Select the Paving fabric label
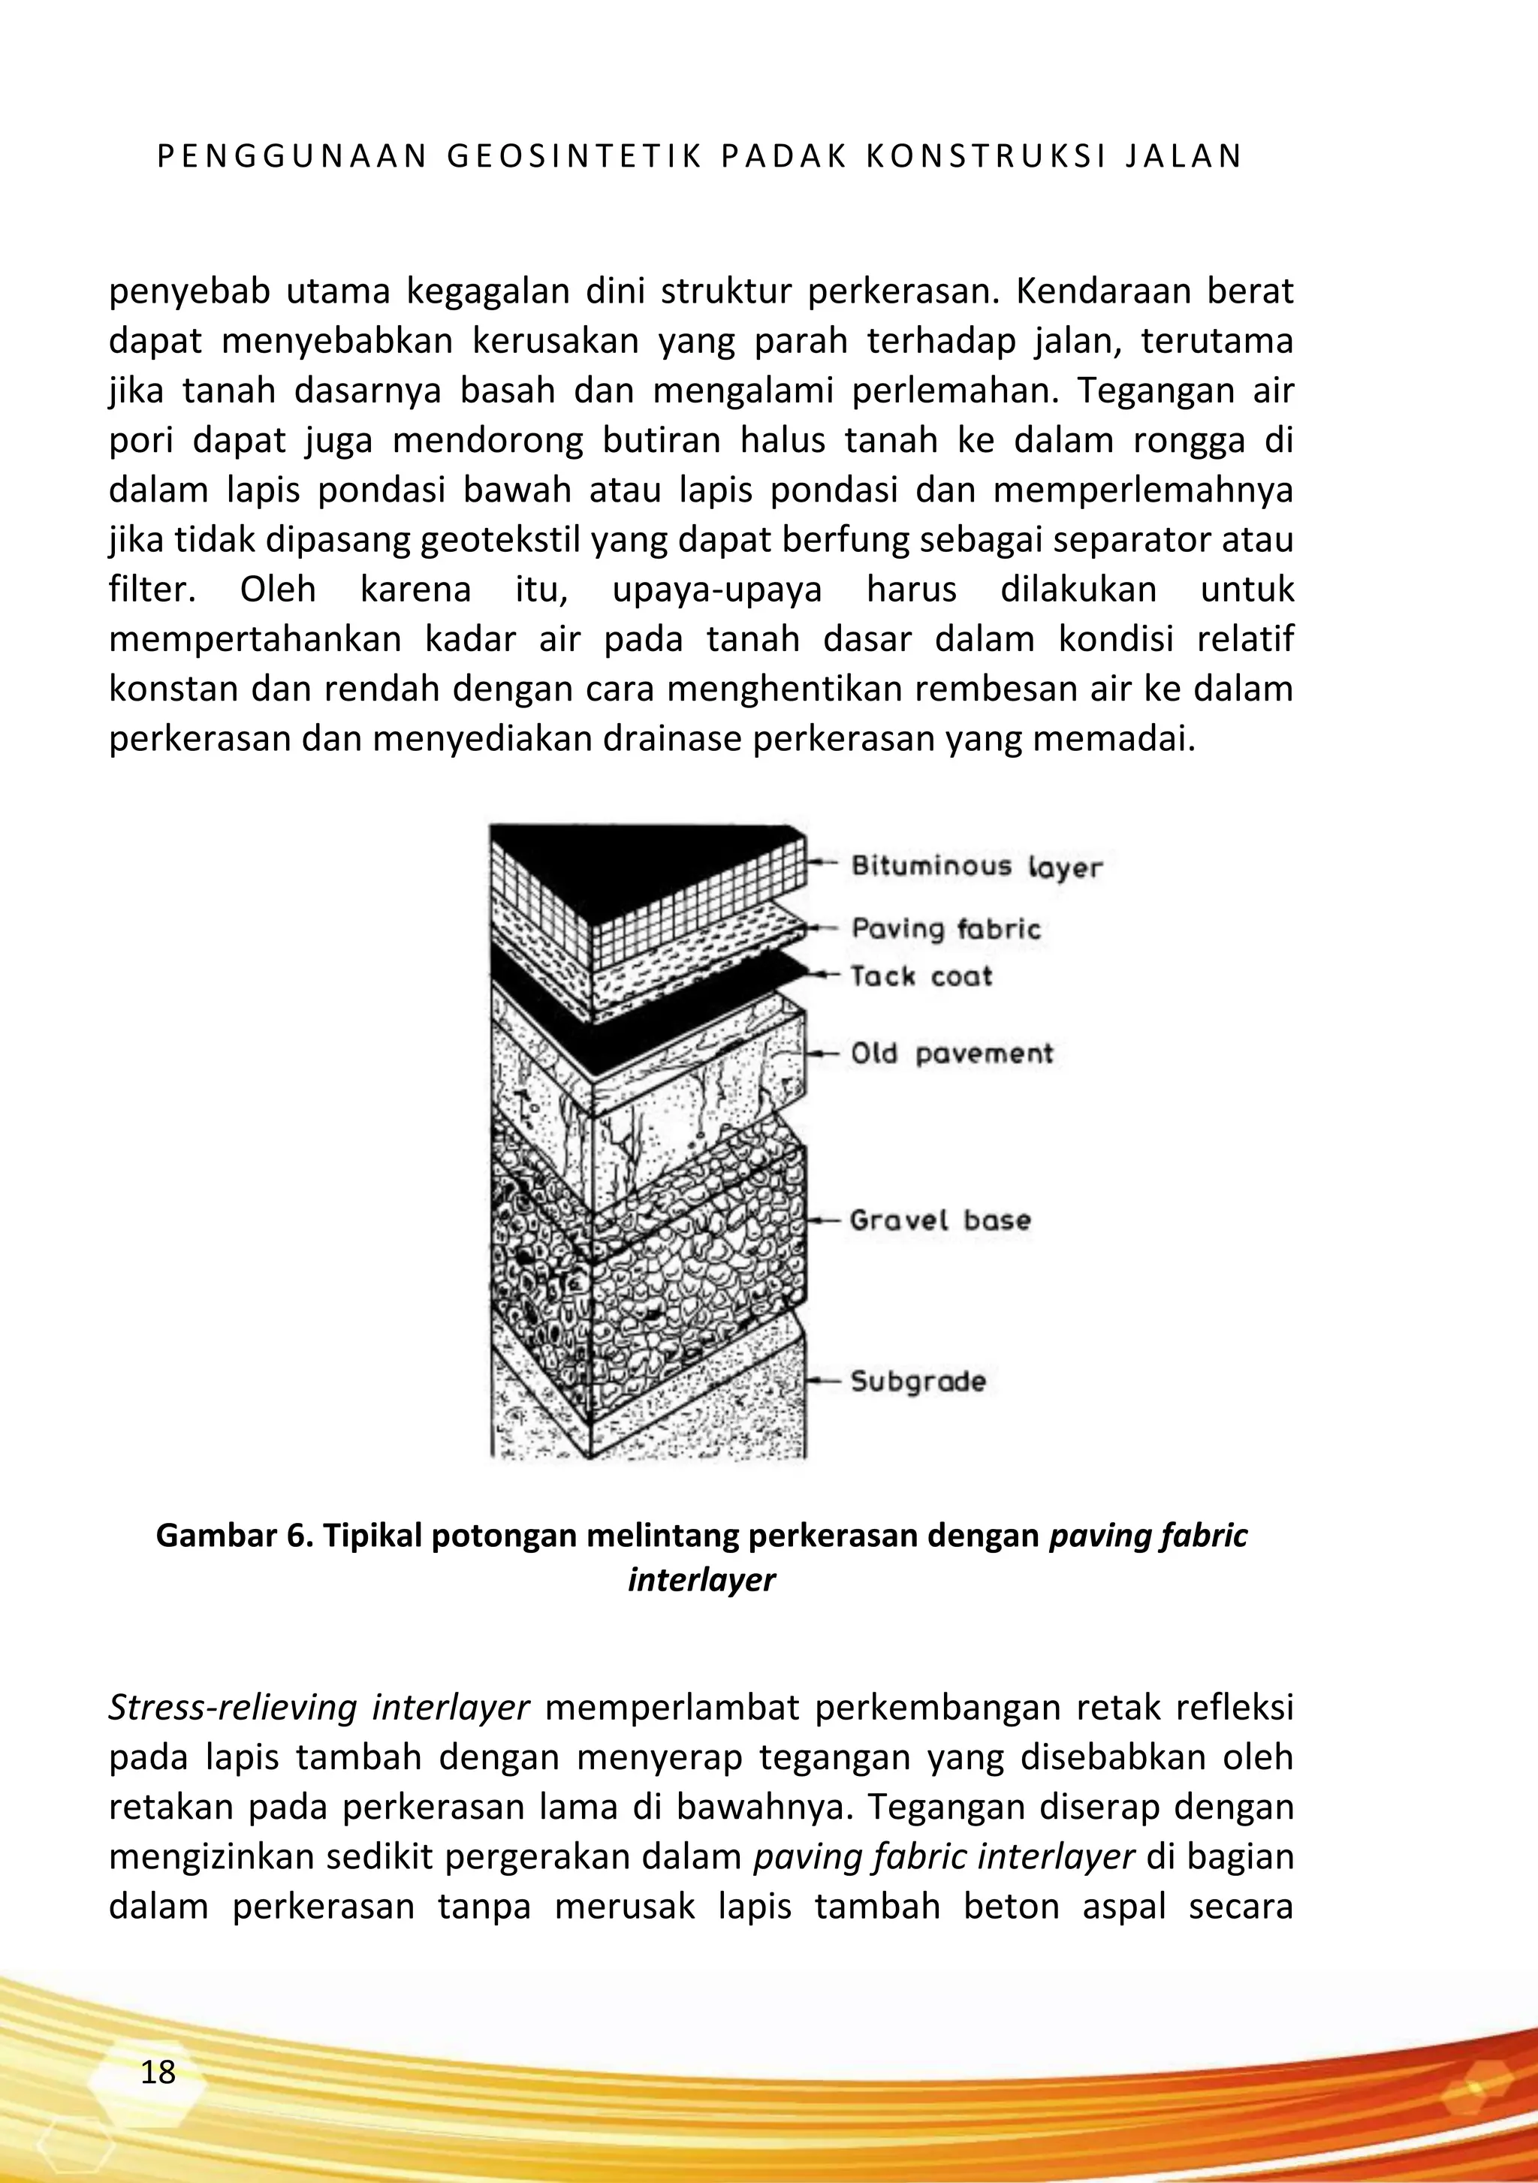coord(945,928)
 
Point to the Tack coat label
coord(921,976)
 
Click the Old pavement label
coord(952,1054)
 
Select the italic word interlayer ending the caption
coord(701,1579)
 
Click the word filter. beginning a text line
coord(152,589)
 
